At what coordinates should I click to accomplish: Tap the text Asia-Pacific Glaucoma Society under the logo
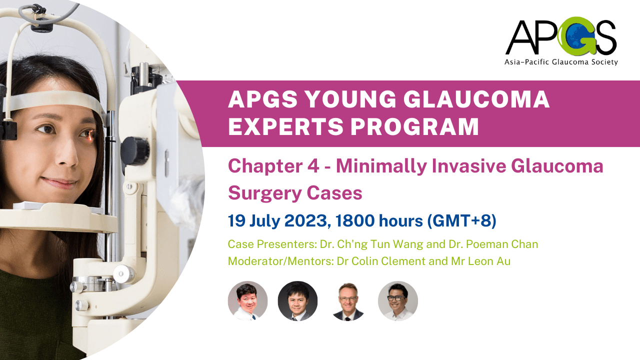click(561, 62)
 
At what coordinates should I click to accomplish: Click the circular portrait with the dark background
click(297, 301)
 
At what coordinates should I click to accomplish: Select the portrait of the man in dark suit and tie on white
click(347, 301)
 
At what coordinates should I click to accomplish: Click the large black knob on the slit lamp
click(134, 149)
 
